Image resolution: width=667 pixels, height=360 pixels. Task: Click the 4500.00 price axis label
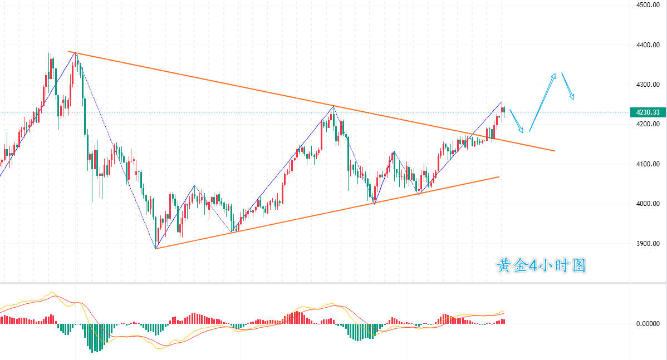648,6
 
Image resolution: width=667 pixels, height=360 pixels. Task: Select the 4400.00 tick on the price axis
648,45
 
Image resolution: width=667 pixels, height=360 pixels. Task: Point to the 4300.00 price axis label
648,85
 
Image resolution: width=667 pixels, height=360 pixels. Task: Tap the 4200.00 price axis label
648,124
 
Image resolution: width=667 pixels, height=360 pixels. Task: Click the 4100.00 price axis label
648,164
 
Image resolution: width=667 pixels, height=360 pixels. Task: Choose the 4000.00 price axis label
648,204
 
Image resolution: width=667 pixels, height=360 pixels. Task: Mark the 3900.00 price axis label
648,244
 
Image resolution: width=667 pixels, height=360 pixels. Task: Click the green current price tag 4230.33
648,112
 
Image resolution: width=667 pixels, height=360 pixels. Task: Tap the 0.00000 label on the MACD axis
648,323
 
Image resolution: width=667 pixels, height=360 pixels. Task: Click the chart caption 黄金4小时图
541,266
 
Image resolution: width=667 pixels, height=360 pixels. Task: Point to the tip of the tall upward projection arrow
555,73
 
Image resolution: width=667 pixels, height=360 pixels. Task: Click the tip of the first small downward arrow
522,132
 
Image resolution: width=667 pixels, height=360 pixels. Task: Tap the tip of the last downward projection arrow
573,100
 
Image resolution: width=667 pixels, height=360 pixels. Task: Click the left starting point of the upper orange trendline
69,52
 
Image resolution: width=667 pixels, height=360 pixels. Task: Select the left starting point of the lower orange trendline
156,248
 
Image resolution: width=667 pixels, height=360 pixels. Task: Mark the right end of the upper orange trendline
555,151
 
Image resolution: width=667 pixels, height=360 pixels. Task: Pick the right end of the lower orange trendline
499,177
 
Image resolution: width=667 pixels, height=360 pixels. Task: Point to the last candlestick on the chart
504,110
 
